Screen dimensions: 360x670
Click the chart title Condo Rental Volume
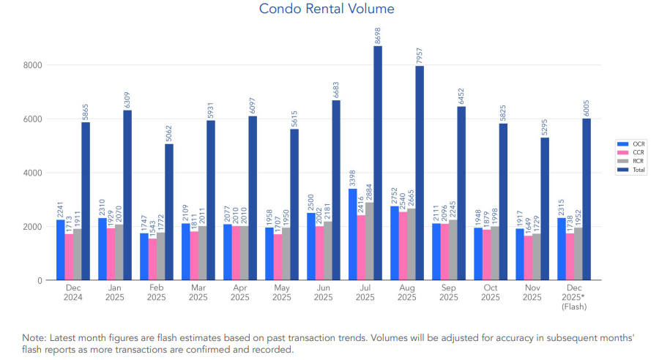coord(327,9)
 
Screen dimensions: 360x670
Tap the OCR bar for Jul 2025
coord(353,234)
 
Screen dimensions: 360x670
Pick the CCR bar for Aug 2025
coord(403,246)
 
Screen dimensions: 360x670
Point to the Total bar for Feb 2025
coord(169,212)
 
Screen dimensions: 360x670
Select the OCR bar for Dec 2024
coord(61,250)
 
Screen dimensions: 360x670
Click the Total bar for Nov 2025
coord(545,209)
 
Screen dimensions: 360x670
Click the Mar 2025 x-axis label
coord(198,293)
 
